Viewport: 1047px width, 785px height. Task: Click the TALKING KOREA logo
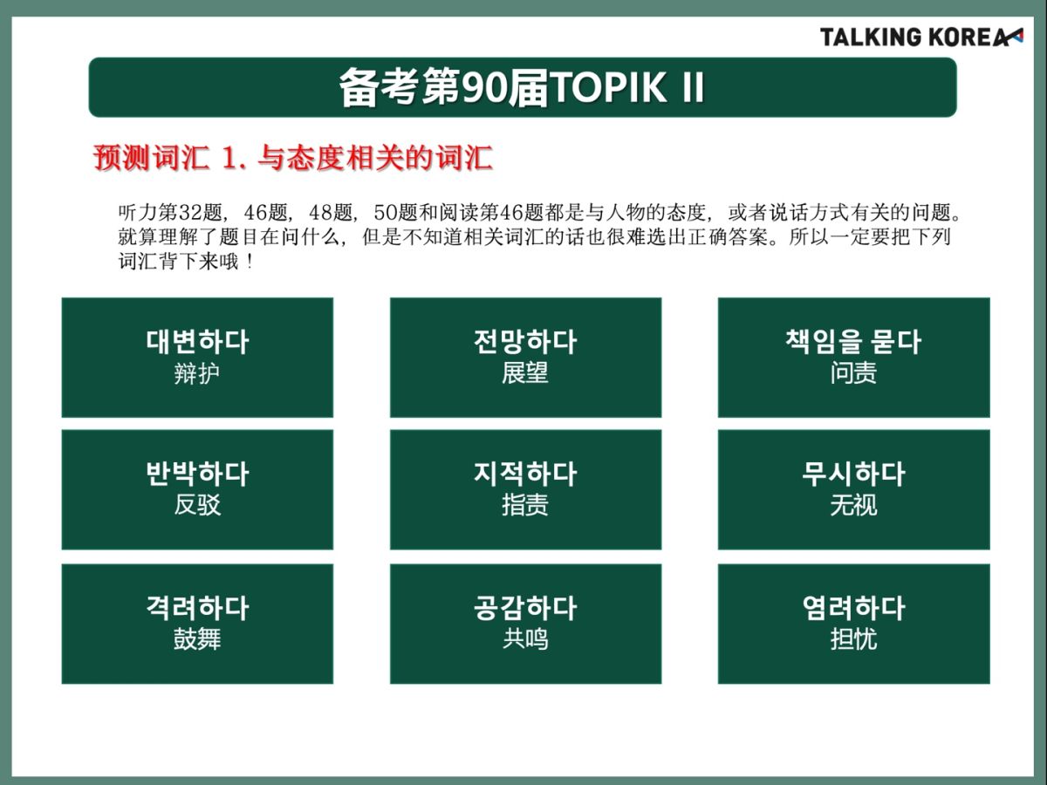coord(921,38)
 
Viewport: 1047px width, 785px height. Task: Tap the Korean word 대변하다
coord(197,342)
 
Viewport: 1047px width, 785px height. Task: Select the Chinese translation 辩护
coord(197,373)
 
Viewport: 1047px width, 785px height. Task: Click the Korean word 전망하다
coord(525,342)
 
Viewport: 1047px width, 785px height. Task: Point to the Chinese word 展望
coord(525,372)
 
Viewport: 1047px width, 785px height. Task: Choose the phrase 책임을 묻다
coord(854,342)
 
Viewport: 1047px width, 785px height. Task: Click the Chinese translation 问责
coord(854,372)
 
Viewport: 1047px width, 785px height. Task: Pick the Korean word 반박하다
coord(197,474)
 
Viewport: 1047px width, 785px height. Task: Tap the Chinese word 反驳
coord(197,505)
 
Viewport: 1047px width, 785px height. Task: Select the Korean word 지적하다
coord(525,474)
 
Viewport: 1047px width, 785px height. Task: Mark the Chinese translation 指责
coord(525,505)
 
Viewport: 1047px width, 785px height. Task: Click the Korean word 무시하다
coord(854,474)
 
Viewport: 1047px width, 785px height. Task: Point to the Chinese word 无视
coord(854,505)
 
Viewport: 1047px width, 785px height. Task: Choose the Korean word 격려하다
coord(197,608)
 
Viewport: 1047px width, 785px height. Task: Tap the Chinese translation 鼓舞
coord(197,639)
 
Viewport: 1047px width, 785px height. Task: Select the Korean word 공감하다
coord(525,608)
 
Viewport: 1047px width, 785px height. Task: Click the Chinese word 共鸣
coord(525,639)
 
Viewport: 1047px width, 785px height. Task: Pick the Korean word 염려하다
coord(854,608)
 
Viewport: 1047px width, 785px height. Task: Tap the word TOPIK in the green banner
coord(609,88)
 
